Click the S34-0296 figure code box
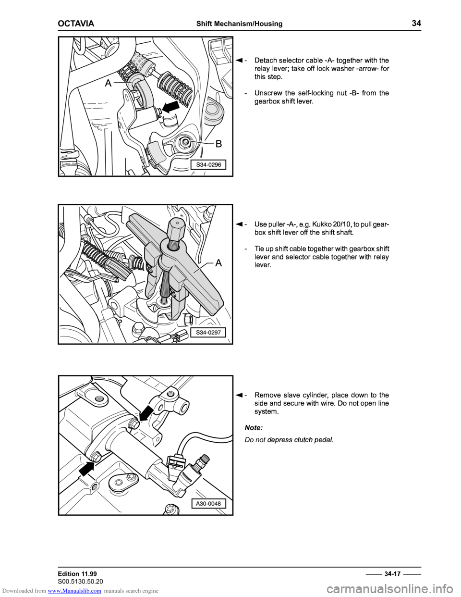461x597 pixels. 208,165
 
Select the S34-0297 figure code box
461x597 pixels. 208,332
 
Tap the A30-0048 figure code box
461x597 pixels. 208,504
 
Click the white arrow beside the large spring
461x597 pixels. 171,107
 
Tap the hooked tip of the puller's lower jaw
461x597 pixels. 171,316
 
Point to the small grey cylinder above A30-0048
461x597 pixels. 205,459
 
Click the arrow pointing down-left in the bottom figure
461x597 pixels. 146,413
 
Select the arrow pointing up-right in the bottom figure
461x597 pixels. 86,469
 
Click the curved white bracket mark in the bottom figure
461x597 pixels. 185,405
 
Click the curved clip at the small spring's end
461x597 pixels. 141,92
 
